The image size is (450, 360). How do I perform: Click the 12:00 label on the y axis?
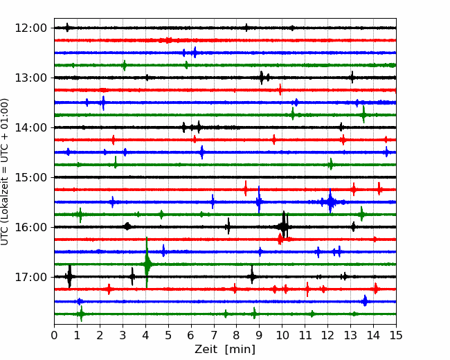[x=30, y=28]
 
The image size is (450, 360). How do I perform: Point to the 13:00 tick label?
[x=30, y=78]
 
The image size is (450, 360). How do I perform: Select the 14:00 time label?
[x=30, y=127]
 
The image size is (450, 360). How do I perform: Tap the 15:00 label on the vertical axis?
[x=30, y=177]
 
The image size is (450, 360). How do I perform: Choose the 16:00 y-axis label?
[x=30, y=227]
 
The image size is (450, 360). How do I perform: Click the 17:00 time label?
[x=30, y=277]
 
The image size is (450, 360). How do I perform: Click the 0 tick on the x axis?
[x=54, y=335]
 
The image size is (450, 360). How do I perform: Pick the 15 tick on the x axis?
[x=396, y=335]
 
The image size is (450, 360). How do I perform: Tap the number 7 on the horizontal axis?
[x=214, y=335]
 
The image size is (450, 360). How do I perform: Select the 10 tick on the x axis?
[x=282, y=335]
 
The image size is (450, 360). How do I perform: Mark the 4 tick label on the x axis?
[x=145, y=335]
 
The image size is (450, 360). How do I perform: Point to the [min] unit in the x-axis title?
[x=240, y=350]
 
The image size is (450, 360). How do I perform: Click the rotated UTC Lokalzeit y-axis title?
[x=5, y=172]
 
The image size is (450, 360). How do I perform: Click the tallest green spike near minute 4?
[x=147, y=262]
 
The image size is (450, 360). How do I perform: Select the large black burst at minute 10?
[x=284, y=226]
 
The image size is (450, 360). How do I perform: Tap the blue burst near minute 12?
[x=331, y=201]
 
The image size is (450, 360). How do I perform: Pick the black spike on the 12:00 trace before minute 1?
[x=67, y=28]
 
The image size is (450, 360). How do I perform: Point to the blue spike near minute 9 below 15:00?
[x=259, y=200]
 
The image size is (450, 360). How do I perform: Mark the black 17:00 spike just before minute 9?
[x=252, y=275]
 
